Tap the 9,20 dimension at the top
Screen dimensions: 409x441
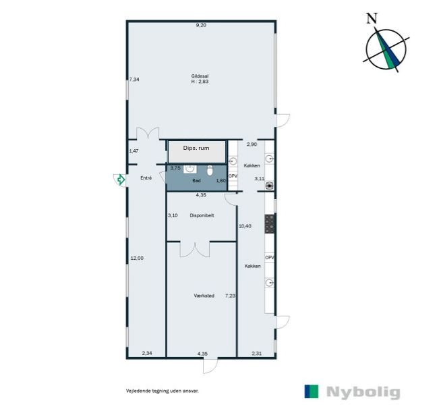click(200, 25)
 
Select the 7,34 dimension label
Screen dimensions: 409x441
click(134, 79)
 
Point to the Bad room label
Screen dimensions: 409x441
click(196, 181)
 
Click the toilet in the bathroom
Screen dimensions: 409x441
click(210, 169)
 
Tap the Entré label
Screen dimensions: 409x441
click(145, 178)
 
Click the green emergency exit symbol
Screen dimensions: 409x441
click(120, 180)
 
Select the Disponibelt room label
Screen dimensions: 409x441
click(202, 215)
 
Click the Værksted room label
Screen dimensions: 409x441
click(204, 295)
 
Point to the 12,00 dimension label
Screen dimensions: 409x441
click(136, 257)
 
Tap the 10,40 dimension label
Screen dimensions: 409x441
click(245, 225)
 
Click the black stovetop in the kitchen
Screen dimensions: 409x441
click(270, 223)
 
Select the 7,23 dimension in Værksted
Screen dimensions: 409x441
click(230, 295)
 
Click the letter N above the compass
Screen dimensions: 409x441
click(371, 18)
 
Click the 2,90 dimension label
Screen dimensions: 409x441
click(252, 144)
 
